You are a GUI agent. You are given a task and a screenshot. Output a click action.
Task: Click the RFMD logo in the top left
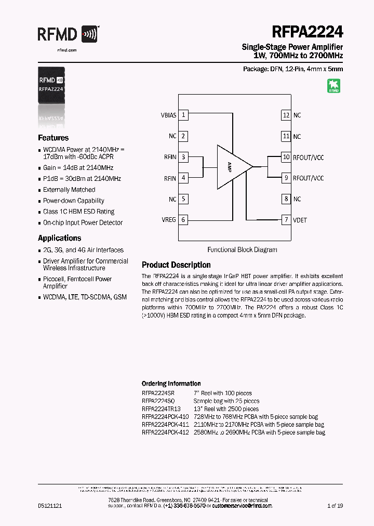(68, 35)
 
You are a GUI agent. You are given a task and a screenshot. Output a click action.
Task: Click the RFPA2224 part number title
(306, 32)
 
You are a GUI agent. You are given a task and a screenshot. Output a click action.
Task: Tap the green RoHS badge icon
(333, 86)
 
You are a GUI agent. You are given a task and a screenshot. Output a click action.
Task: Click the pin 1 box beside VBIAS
(183, 115)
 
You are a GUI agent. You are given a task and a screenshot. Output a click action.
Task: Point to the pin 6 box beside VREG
(183, 219)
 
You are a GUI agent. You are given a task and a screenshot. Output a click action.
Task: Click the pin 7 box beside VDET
(286, 220)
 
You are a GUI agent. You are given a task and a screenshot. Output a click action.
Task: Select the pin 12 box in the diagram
(286, 115)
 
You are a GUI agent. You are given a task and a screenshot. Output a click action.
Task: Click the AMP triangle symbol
(232, 166)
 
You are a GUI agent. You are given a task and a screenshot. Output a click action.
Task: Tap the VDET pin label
(300, 220)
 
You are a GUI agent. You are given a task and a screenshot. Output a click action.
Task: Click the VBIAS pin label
(169, 115)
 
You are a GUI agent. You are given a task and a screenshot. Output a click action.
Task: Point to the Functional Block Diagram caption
(242, 249)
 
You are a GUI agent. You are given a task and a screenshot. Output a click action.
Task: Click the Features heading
(53, 138)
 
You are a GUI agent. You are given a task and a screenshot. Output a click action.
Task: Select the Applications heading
(59, 238)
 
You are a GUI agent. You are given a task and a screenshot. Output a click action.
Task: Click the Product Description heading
(176, 265)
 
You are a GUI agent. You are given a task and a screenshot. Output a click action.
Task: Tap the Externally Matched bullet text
(69, 190)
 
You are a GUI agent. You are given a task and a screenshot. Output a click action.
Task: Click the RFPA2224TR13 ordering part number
(161, 409)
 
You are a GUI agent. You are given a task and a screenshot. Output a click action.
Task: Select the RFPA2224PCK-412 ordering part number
(165, 432)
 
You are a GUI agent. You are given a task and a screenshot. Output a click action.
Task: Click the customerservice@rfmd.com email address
(242, 506)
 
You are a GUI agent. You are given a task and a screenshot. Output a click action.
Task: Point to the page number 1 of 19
(335, 506)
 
